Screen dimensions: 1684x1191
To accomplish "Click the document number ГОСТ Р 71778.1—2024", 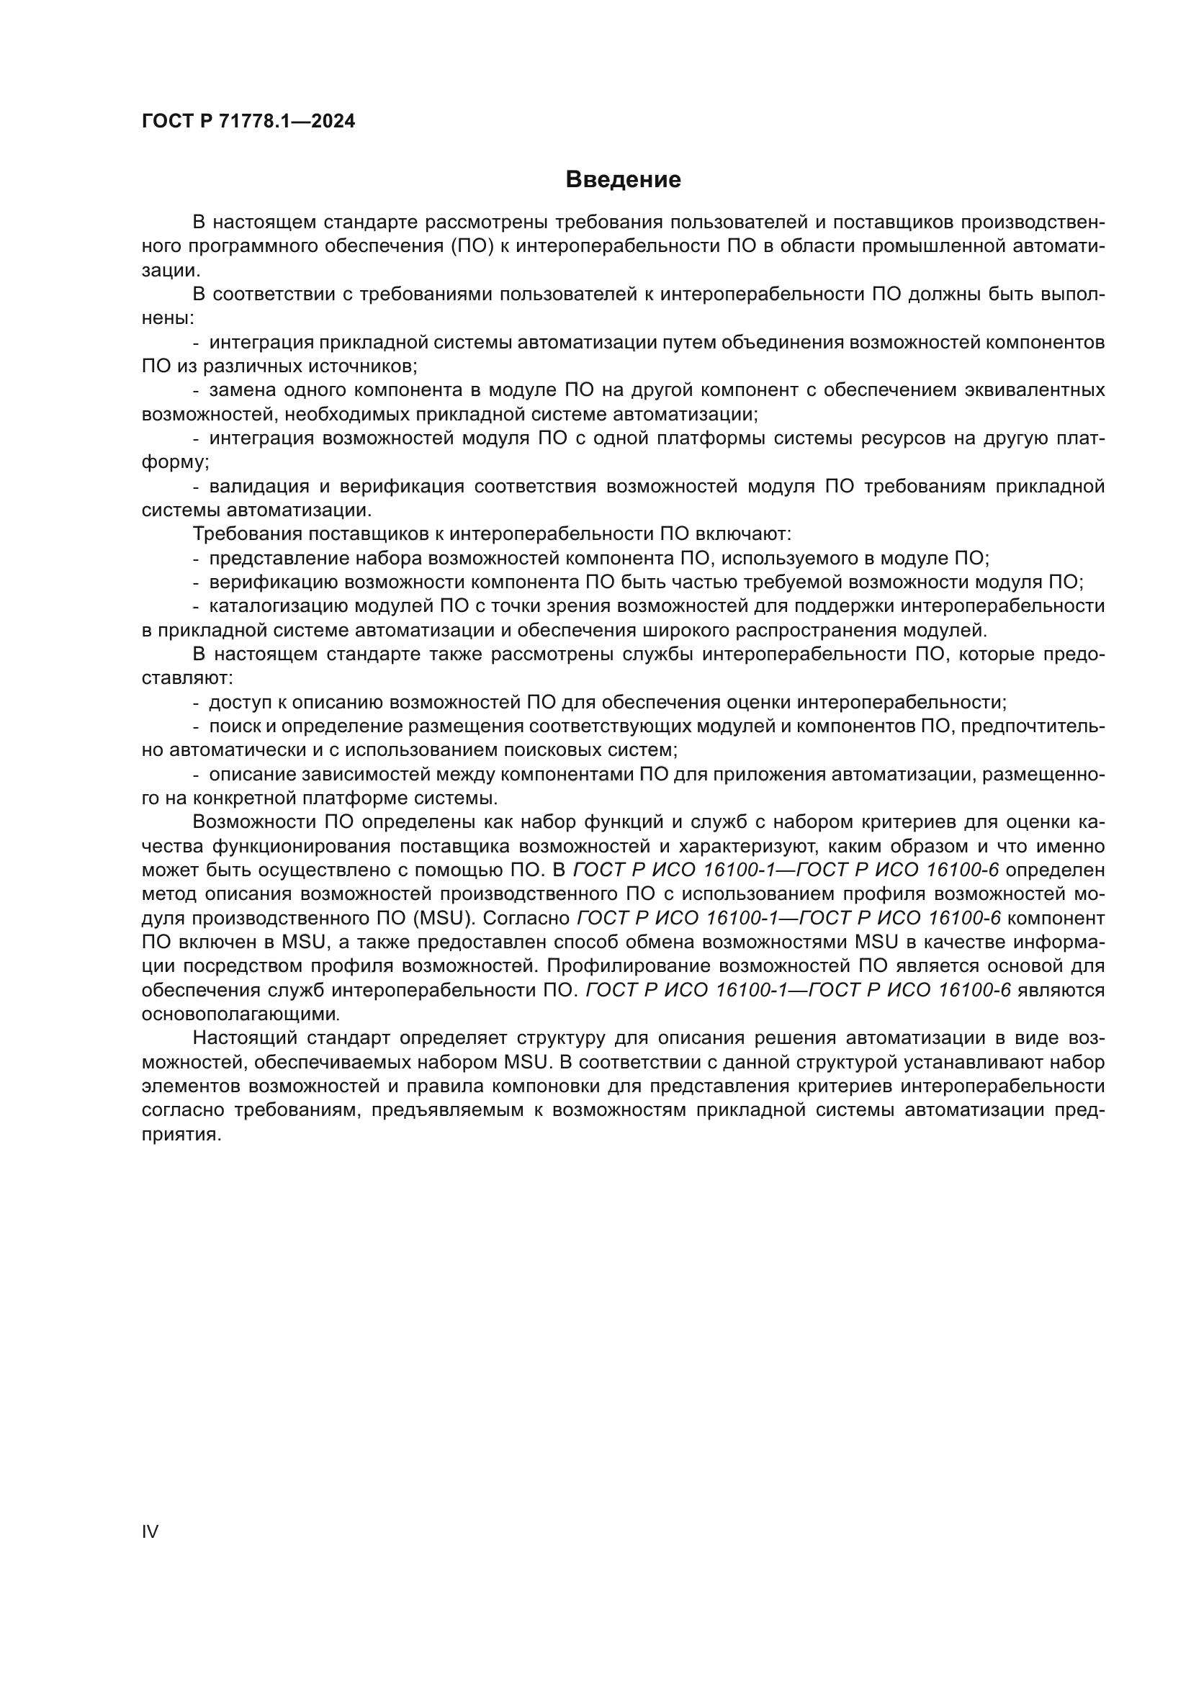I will coord(248,122).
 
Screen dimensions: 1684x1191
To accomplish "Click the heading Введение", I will coord(623,180).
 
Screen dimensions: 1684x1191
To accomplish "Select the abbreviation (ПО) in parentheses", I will coord(468,246).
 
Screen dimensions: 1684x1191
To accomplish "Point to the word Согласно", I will coord(526,918).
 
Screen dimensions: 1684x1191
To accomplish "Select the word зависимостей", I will coord(350,774).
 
